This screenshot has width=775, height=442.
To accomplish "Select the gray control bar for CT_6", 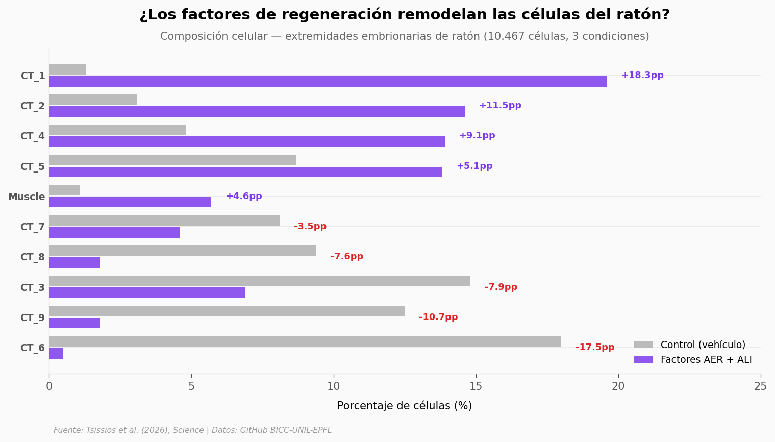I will click(x=305, y=341).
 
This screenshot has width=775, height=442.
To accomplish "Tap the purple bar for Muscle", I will click(x=130, y=203).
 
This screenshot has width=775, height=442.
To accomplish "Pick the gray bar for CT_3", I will click(x=260, y=281).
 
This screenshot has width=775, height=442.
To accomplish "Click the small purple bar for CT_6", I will click(x=56, y=354).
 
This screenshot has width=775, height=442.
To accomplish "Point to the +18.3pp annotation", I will click(x=642, y=76).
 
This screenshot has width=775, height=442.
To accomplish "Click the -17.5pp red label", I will click(x=595, y=348).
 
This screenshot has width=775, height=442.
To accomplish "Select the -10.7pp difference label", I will click(x=438, y=317).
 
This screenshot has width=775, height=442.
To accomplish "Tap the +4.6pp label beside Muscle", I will click(x=244, y=197).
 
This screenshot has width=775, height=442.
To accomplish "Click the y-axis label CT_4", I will click(x=33, y=136).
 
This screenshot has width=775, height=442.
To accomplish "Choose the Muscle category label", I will click(x=27, y=197).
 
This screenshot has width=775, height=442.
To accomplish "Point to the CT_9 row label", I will click(x=33, y=318).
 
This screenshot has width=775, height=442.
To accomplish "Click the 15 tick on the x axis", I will click(x=476, y=386).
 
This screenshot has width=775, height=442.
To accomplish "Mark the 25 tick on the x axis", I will click(x=760, y=386).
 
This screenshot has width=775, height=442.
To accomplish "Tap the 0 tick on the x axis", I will click(x=49, y=386).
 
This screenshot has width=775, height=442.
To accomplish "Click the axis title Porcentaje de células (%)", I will click(x=405, y=406).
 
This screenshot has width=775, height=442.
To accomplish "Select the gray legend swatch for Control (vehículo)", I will click(x=643, y=346).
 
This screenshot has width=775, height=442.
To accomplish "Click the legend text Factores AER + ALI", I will click(x=706, y=360).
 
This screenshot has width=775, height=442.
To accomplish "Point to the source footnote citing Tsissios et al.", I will click(x=192, y=430).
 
